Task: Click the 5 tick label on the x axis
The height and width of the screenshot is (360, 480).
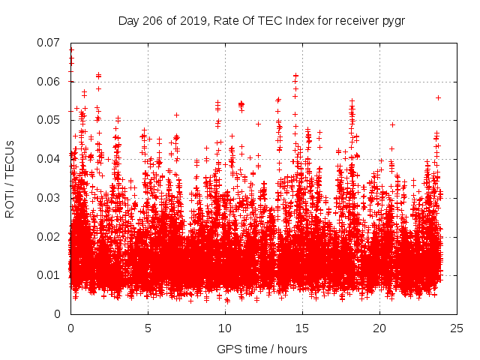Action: coord(148,328)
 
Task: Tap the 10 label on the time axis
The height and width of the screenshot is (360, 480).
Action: coord(225,328)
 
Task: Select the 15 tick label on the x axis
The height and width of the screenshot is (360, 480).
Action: coord(302,328)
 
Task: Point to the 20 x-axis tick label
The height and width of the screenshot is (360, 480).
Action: coord(379,328)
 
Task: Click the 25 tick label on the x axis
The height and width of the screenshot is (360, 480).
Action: coord(457,328)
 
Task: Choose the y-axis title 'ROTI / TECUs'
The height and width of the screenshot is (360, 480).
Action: coord(10,178)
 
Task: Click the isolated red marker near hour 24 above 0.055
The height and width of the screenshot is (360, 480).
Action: coord(438,97)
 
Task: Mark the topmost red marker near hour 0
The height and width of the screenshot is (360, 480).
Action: coord(71,50)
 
